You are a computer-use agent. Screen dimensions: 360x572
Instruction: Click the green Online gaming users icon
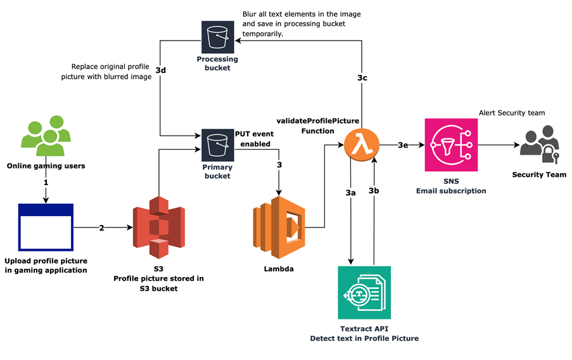(x=46, y=136)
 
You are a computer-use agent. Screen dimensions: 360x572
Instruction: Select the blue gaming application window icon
(x=46, y=226)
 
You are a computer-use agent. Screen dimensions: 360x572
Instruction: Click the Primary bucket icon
(x=218, y=145)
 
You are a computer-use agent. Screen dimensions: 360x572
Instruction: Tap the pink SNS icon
(x=450, y=145)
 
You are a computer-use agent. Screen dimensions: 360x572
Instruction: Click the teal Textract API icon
(x=364, y=292)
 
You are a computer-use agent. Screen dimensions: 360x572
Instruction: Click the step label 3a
(x=350, y=191)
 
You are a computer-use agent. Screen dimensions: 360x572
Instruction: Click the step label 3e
(x=402, y=145)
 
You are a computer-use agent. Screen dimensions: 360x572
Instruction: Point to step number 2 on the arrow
(x=101, y=228)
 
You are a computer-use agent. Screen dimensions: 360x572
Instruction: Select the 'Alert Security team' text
(x=511, y=113)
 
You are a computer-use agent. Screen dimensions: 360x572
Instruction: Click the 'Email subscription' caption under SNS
(x=450, y=190)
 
